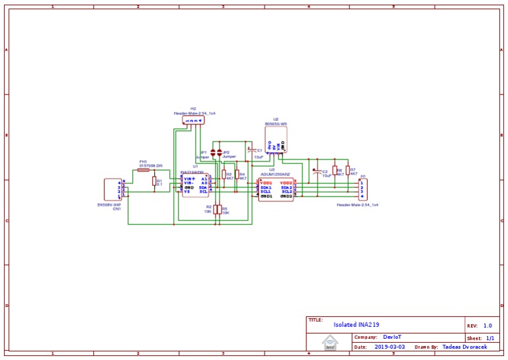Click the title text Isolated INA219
pyautogui.click(x=356, y=325)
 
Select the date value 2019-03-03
pyautogui.click(x=390, y=346)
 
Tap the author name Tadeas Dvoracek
pyautogui.click(x=466, y=346)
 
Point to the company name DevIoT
pyautogui.click(x=392, y=337)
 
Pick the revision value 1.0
pyautogui.click(x=487, y=326)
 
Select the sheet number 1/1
pyautogui.click(x=490, y=337)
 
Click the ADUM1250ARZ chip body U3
pyautogui.click(x=276, y=189)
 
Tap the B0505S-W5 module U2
pyautogui.click(x=276, y=140)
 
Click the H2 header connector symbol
pyautogui.click(x=193, y=120)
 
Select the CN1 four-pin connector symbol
pyautogui.click(x=113, y=189)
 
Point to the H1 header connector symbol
pyautogui.click(x=362, y=189)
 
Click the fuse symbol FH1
pyautogui.click(x=144, y=170)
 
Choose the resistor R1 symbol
pyautogui.click(x=154, y=181)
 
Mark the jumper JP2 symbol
pyautogui.click(x=220, y=152)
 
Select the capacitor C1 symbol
pyautogui.click(x=250, y=151)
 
